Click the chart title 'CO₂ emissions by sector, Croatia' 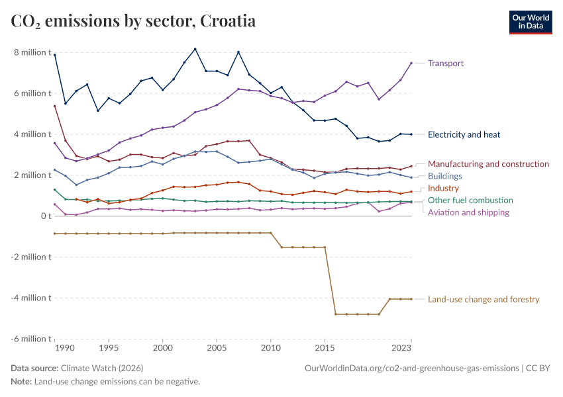coord(133,21)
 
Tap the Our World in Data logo coord(530,21)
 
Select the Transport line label coord(445,64)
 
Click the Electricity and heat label coord(464,134)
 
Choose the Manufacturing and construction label coord(488,163)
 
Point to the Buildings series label coord(444,176)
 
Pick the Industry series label coord(443,189)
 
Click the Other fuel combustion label coord(470,200)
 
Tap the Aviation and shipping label coord(468,212)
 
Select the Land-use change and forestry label coord(484,299)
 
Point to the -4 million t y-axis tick coord(30,298)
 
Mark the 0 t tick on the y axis coord(45,216)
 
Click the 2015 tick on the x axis coord(325,347)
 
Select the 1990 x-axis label coord(65,347)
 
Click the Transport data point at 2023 coord(411,63)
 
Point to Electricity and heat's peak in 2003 coord(195,49)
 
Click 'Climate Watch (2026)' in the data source coord(102,368)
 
